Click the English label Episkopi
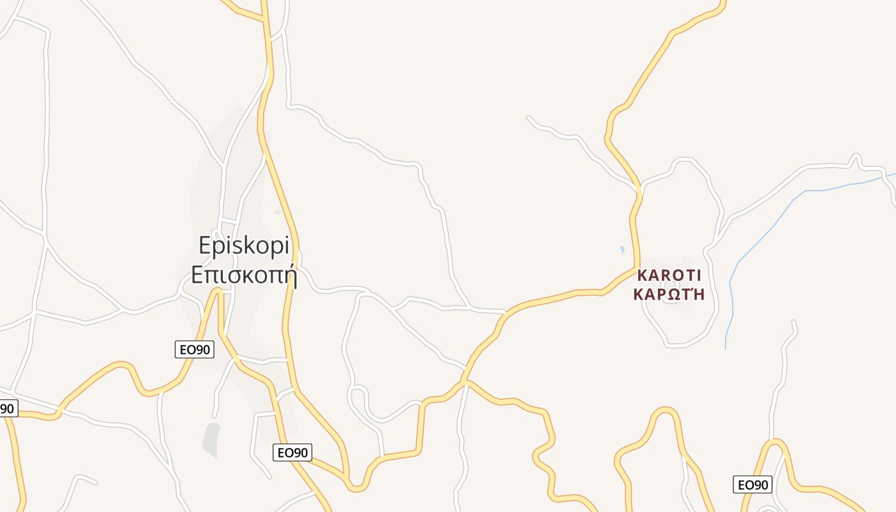(244, 246)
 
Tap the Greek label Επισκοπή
(244, 275)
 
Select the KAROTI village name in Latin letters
(669, 276)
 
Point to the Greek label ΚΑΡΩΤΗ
(669, 294)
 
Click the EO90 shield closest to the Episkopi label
(195, 349)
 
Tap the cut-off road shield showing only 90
(7, 408)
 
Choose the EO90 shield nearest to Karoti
(752, 484)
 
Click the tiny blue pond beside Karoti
(622, 250)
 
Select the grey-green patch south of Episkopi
(211, 440)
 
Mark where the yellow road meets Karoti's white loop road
(639, 189)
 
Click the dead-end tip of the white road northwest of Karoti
(528, 117)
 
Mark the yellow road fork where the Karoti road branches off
(466, 382)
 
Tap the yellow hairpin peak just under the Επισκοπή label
(218, 291)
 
